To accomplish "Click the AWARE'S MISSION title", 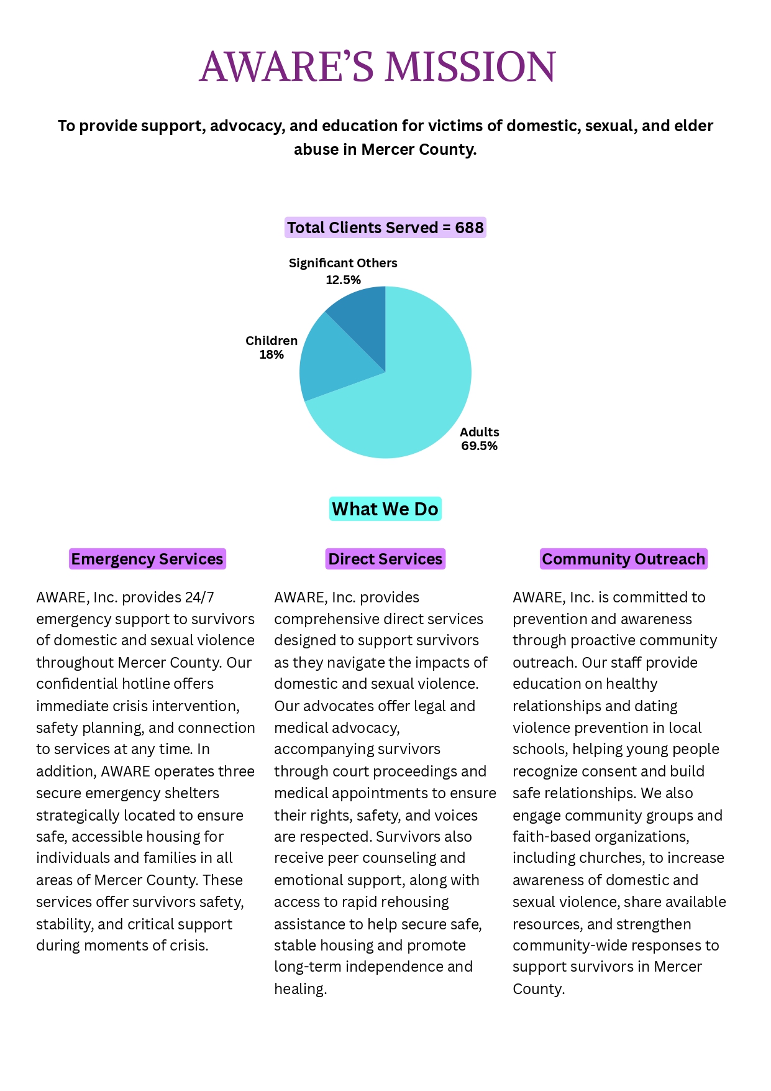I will point(377,67).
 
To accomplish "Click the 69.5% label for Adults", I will point(479,446).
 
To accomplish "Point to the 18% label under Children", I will point(271,355).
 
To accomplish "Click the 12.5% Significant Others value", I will point(343,280).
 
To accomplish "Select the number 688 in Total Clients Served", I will point(469,228).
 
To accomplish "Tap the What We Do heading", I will point(385,509).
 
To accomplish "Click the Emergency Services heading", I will point(147,559).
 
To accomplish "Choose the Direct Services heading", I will point(385,559).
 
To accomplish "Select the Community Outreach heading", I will point(623,559).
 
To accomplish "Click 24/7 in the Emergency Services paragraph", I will point(199,597).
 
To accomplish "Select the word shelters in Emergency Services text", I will point(188,793).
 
